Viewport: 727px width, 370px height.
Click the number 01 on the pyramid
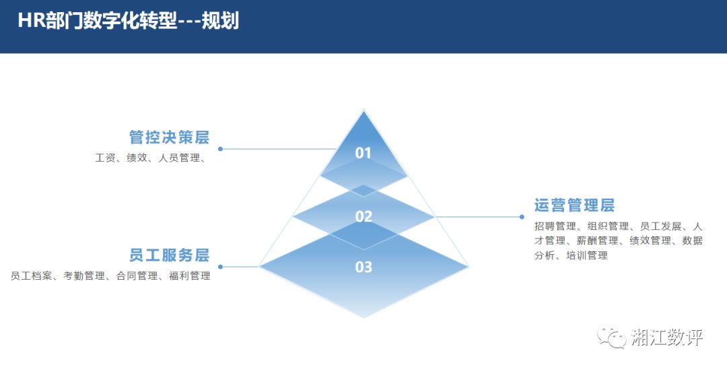(x=363, y=153)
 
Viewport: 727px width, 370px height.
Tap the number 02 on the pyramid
(x=363, y=216)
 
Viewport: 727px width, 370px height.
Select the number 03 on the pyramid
(x=363, y=268)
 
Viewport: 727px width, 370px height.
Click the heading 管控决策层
(x=169, y=137)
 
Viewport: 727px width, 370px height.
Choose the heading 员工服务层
(x=169, y=255)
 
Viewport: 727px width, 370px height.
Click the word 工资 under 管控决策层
(x=106, y=159)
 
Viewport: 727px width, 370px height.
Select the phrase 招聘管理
(x=555, y=226)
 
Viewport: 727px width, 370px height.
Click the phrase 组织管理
(x=608, y=226)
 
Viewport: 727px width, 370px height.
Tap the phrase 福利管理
(x=190, y=276)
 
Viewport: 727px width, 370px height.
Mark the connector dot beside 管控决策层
(x=220, y=149)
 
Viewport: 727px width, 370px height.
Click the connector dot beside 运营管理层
(x=522, y=216)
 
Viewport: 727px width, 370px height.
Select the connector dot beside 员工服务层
(x=220, y=267)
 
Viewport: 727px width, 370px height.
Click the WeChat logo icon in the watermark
(x=611, y=337)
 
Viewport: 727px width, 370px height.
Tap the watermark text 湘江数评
(x=666, y=338)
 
